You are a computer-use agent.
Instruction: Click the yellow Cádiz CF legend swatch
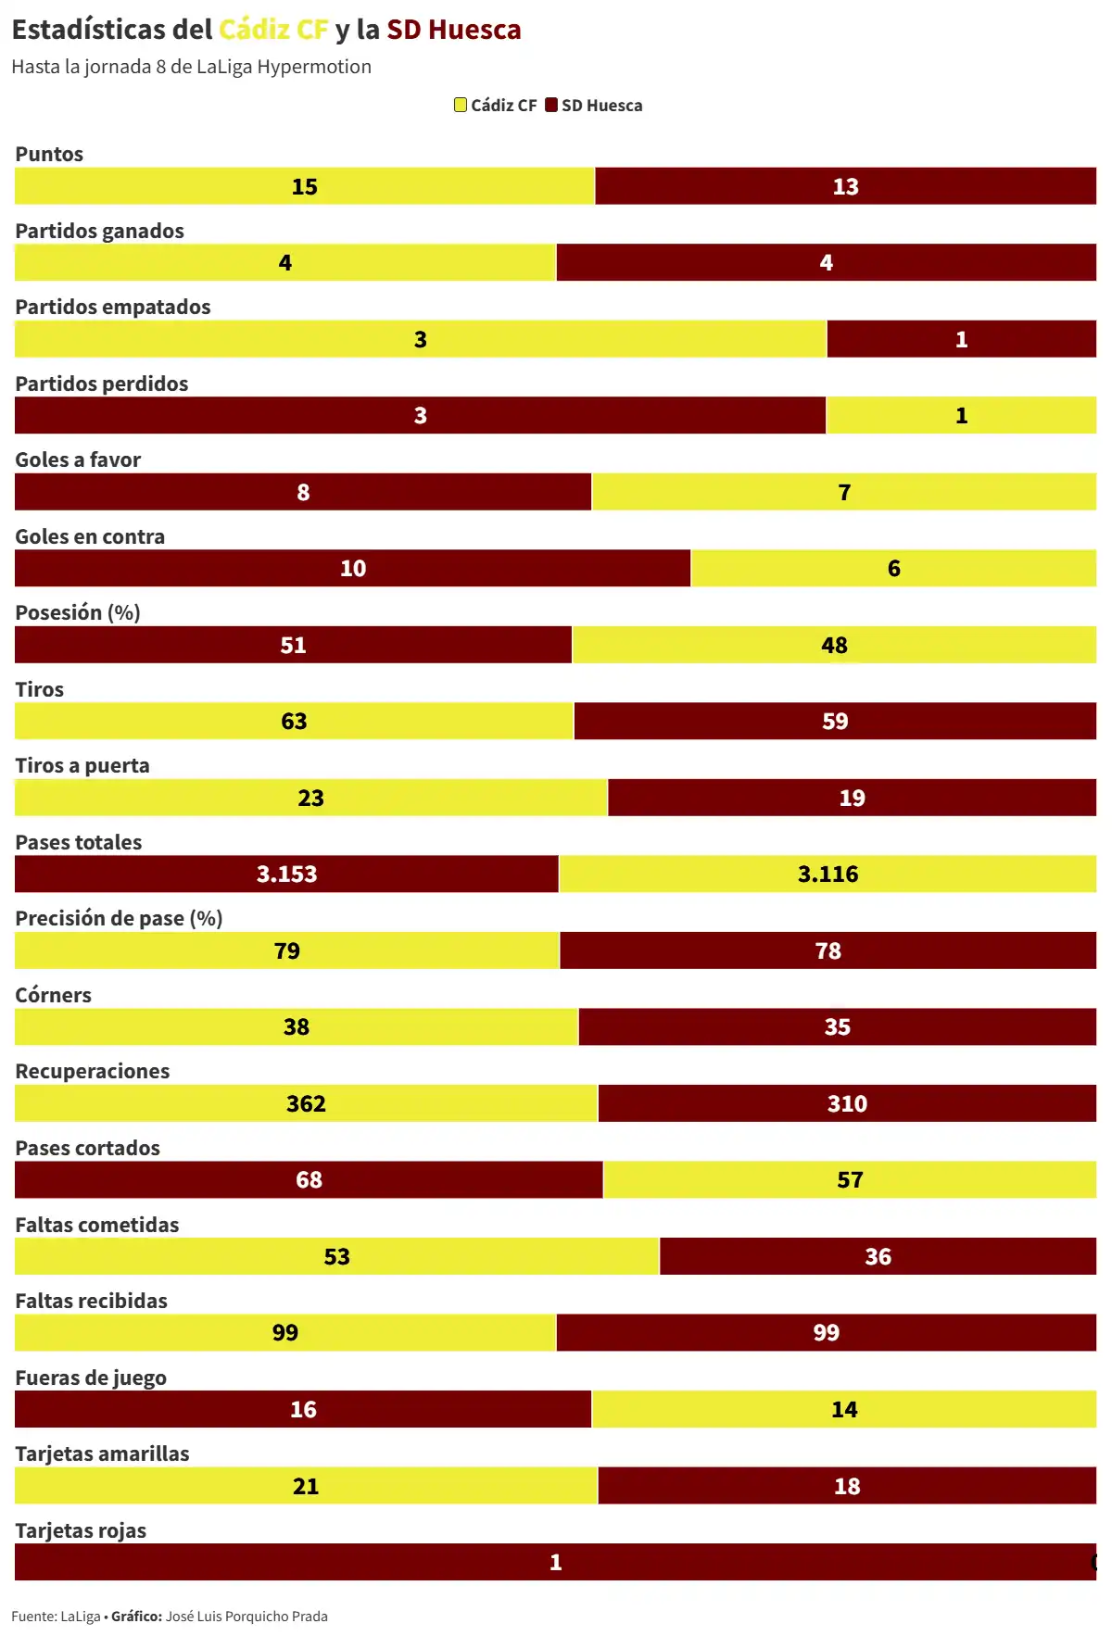(x=461, y=105)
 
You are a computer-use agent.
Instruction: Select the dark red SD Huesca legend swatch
(x=551, y=105)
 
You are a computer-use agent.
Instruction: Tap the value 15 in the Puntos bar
(x=304, y=186)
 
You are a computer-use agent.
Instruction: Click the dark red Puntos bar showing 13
(x=845, y=186)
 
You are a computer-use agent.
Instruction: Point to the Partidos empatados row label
(x=112, y=307)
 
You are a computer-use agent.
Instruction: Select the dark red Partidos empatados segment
(x=961, y=339)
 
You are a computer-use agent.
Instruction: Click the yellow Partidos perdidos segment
(x=961, y=415)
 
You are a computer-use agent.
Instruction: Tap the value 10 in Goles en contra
(x=353, y=568)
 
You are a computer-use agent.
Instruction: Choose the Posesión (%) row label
(x=78, y=612)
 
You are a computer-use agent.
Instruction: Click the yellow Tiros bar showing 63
(x=294, y=721)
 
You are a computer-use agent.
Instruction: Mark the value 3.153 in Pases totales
(x=286, y=874)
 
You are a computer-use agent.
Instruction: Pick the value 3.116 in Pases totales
(x=828, y=874)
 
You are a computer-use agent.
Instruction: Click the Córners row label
(x=53, y=995)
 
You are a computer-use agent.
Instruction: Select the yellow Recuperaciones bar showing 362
(x=306, y=1103)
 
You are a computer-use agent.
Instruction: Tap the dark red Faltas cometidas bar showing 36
(x=878, y=1256)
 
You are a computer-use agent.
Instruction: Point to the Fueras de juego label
(x=91, y=1378)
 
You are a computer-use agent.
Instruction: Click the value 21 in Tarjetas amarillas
(x=306, y=1486)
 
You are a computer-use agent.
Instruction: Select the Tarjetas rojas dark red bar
(x=554, y=1562)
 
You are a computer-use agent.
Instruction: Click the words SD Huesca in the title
(x=453, y=30)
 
